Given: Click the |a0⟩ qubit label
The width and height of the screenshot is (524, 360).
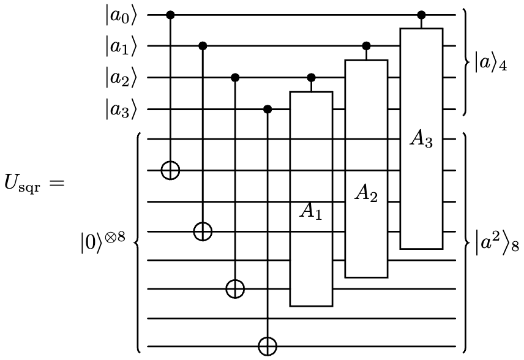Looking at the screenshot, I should [121, 14].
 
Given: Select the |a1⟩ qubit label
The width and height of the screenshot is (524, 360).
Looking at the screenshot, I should [121, 46].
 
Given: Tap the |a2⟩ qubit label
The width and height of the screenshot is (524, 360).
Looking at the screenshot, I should [121, 78].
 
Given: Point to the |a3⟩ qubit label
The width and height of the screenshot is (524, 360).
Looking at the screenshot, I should [121, 110].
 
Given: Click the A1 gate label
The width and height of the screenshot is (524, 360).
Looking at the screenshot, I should [311, 211].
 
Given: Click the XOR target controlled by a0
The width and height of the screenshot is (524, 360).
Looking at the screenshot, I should [170, 170].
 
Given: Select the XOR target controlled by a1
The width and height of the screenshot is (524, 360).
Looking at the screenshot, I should [203, 231].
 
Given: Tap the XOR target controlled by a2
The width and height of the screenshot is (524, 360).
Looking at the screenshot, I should [234, 288].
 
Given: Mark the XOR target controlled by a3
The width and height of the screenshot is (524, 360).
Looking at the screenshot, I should [267, 347].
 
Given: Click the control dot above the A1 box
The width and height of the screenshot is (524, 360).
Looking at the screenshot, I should [311, 78].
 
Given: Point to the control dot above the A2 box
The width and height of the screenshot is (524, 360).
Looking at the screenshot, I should [366, 46].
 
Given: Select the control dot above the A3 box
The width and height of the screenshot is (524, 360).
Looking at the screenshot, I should [421, 14].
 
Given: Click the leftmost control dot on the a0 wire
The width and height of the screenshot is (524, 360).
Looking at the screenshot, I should [170, 14].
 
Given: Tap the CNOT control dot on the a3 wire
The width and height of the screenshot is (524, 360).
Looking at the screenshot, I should [267, 110].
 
